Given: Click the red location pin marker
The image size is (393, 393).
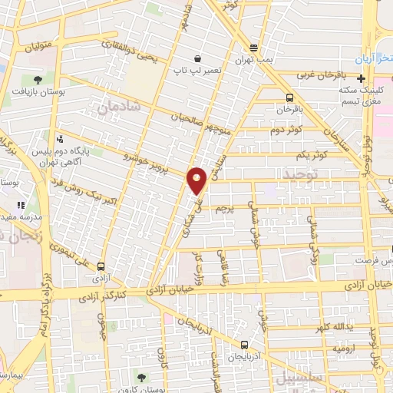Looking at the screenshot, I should coord(197,180).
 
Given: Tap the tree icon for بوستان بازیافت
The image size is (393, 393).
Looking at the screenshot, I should coord(38,79).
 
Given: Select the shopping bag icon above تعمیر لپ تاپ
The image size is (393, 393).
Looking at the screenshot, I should coord(197,58).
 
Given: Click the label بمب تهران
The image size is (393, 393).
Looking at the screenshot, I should coord(254,59).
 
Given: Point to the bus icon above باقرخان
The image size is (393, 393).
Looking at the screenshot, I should coord(289,97).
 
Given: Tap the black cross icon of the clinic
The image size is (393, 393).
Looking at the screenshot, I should coord(361,78).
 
